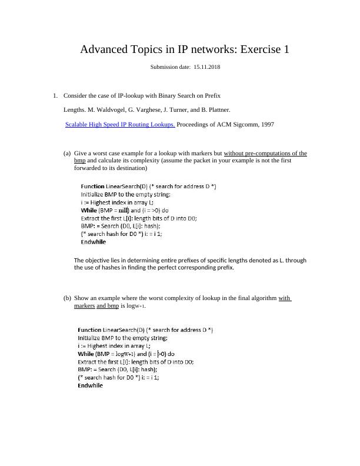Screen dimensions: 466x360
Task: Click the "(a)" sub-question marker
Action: (66, 153)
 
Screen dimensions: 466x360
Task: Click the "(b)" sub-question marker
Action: (66, 298)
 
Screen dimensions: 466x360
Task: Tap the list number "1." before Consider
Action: (55, 95)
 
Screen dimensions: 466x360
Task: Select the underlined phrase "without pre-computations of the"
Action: (266, 153)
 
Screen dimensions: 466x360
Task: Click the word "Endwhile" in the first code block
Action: (94, 241)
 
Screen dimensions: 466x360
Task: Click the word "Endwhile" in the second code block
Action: (91, 386)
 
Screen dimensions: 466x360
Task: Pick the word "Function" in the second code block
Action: (90, 330)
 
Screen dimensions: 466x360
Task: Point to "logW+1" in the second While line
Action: (125, 354)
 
